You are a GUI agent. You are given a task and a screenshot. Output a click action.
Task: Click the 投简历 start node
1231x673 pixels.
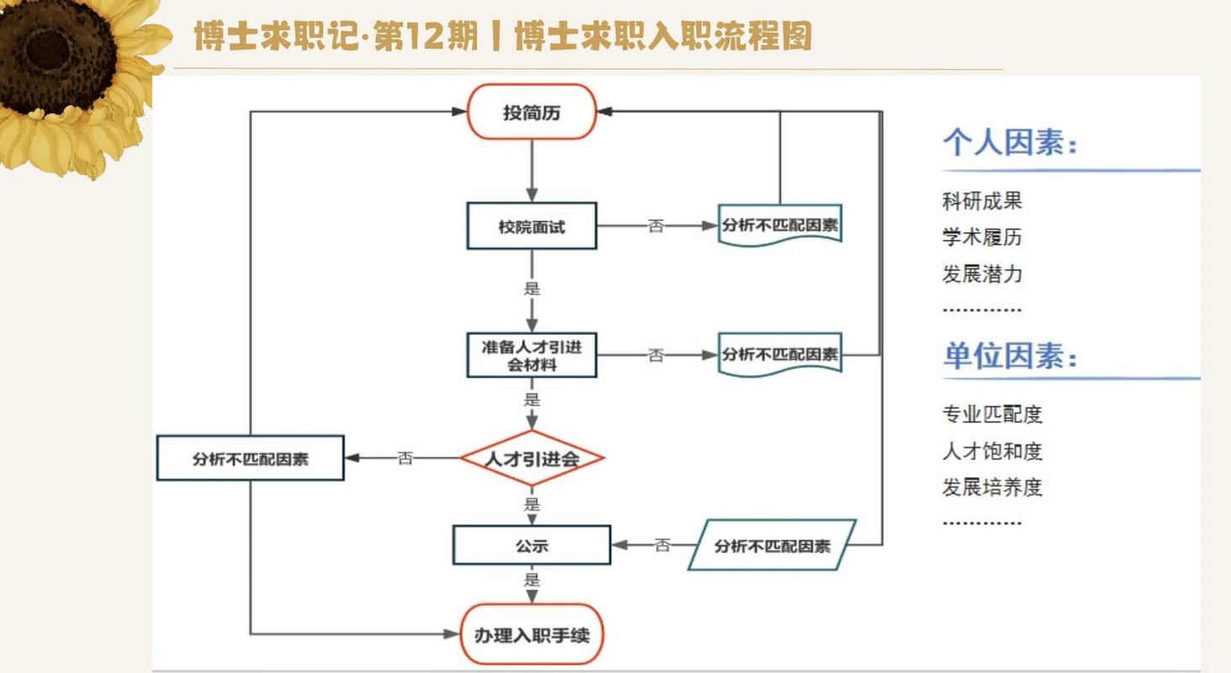532,112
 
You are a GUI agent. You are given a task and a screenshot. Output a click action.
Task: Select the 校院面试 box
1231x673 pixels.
532,226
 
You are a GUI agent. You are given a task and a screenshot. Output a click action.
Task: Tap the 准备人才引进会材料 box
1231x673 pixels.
532,355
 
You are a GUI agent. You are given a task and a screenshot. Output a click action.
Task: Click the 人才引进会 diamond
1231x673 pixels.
532,458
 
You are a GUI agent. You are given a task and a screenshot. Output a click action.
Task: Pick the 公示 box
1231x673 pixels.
532,545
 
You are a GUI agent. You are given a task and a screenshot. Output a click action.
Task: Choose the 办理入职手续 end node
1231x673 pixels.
532,634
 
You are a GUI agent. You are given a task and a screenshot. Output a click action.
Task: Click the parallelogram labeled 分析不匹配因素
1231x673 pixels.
772,545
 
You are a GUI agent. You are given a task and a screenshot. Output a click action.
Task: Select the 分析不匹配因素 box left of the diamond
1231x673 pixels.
250,458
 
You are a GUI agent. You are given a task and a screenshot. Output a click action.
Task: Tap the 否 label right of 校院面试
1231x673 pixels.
655,226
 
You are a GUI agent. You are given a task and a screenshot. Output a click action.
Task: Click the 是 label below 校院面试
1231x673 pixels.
532,289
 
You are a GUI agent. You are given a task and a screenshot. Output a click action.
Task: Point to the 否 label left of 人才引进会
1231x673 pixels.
406,458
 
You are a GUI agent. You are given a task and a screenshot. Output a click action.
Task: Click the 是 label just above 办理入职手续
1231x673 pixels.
532,580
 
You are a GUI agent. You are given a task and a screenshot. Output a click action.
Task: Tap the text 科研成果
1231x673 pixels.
982,201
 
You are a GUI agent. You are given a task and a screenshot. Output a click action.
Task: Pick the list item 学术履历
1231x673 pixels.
982,237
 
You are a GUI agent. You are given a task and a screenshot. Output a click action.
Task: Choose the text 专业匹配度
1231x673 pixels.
992,414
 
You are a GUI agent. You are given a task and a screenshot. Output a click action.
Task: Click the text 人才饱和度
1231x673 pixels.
992,452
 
